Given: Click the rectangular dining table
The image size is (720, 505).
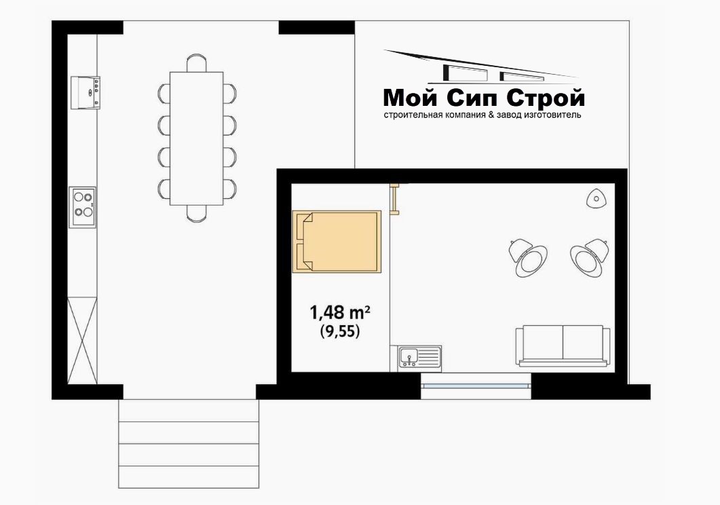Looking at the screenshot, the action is [x=197, y=138].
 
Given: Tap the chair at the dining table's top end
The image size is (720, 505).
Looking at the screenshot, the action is [x=197, y=63].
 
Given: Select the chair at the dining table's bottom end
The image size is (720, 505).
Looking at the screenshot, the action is [x=197, y=214].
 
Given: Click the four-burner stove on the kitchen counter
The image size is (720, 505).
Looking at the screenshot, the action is [x=83, y=206].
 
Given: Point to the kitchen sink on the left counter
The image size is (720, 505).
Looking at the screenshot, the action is [x=86, y=92].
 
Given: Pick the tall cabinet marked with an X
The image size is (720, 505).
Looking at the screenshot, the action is [x=83, y=340].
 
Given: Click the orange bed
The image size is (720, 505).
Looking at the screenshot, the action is [x=337, y=242].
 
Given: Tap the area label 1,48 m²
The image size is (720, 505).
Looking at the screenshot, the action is [x=340, y=313].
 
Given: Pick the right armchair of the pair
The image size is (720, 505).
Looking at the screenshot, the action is [x=590, y=257].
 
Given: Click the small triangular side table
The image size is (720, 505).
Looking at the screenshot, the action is [x=597, y=199].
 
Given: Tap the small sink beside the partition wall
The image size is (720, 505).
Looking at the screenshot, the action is [x=415, y=357].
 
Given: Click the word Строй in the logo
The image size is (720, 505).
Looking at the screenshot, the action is [x=546, y=98].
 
